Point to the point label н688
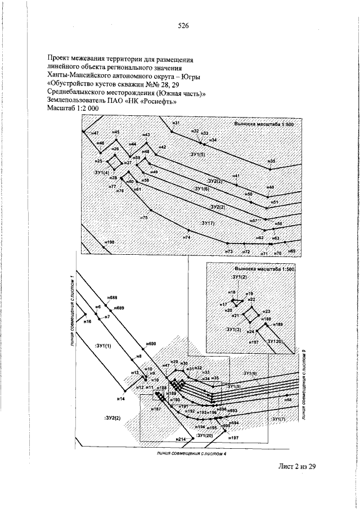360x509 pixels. coord(112,297)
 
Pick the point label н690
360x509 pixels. coord(151,343)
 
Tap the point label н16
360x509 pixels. coord(87,322)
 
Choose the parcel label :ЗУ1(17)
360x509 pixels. coord(208,223)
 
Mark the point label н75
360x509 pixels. coord(143,217)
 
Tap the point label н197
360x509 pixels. coord(235,437)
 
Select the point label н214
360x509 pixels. coord(180,438)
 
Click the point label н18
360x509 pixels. coord(231,293)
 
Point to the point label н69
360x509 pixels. coord(291,250)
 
